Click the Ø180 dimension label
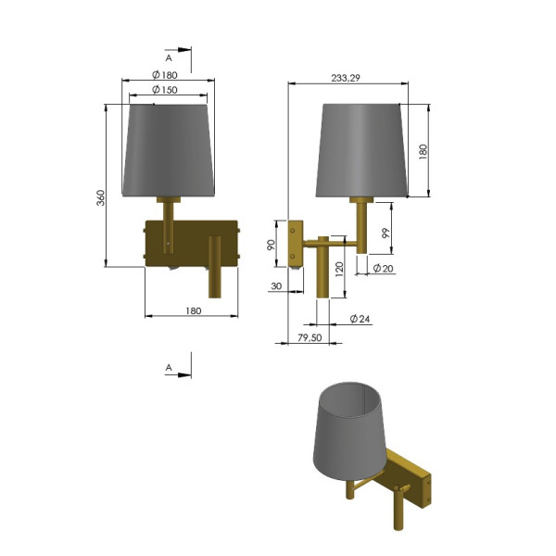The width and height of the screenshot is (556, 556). tap(165, 75)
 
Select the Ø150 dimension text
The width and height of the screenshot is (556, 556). tap(165, 90)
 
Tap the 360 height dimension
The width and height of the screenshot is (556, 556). tap(101, 198)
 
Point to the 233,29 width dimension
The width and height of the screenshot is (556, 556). tap(346, 78)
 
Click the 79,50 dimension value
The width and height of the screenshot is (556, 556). tap(310, 337)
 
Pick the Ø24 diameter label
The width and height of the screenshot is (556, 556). tap(360, 319)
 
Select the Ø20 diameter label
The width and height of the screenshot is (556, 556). tap(384, 268)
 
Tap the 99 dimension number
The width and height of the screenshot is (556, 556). tap(385, 233)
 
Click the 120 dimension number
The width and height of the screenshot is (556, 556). tap(339, 270)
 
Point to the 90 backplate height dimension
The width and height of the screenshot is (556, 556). tap(271, 245)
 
